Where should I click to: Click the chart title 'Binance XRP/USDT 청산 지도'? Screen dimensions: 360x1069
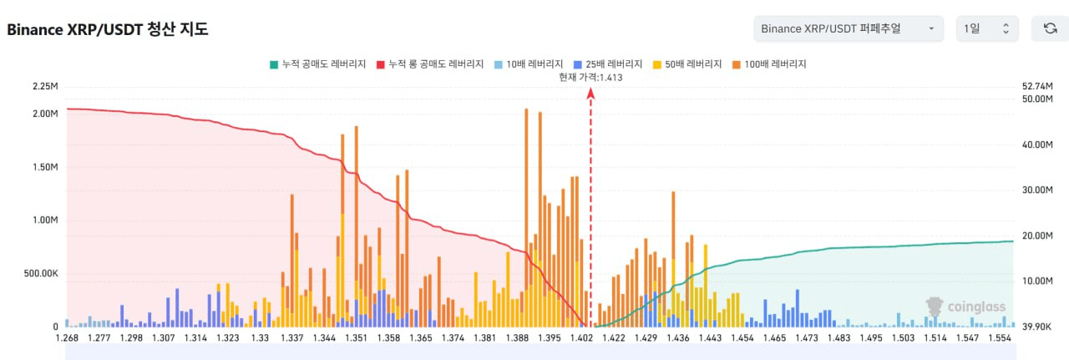click(108, 30)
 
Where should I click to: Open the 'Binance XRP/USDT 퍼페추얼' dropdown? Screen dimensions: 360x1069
click(848, 29)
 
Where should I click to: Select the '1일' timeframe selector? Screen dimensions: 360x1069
click(987, 29)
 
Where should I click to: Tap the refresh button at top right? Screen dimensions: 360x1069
click(1050, 29)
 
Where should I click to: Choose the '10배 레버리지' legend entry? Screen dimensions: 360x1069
click(528, 63)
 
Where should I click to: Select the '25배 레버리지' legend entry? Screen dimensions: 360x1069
click(609, 63)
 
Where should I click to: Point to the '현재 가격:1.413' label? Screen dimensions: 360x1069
click(590, 77)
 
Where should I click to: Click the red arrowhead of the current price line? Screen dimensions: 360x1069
click(590, 93)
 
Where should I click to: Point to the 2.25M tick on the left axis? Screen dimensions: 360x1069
click(44, 87)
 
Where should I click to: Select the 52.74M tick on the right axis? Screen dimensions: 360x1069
click(1038, 87)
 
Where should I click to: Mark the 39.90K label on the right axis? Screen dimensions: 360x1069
click(1038, 327)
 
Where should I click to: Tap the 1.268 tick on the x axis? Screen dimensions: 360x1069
click(68, 337)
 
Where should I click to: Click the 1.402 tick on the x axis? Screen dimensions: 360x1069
click(581, 337)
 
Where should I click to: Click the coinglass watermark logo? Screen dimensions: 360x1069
click(966, 307)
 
